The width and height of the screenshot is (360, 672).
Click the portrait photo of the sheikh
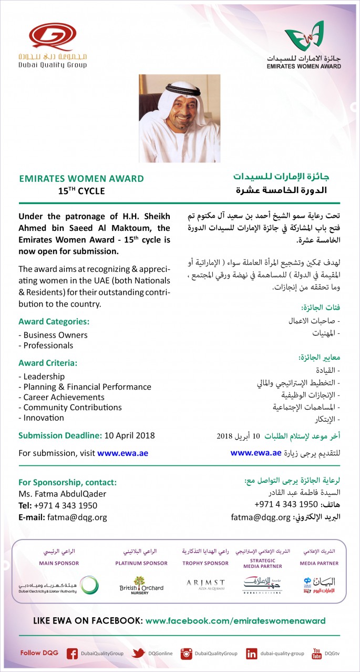tap(180, 118)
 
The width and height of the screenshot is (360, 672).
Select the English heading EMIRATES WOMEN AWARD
tap(81, 179)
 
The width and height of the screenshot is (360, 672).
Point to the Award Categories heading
tap(54, 321)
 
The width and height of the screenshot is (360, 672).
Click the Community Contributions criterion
tap(70, 408)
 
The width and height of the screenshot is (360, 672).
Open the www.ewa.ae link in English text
tap(126, 453)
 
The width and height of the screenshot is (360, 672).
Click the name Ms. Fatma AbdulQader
tap(62, 494)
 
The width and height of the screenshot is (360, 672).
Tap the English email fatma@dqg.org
tap(77, 517)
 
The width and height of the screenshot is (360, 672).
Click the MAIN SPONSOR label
tap(59, 563)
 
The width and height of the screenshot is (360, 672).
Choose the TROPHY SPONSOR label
tap(205, 563)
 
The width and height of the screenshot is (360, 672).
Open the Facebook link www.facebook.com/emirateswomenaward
tap(235, 621)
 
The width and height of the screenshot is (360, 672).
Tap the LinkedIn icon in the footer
tap(252, 654)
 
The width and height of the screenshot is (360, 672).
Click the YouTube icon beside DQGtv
tap(316, 654)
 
